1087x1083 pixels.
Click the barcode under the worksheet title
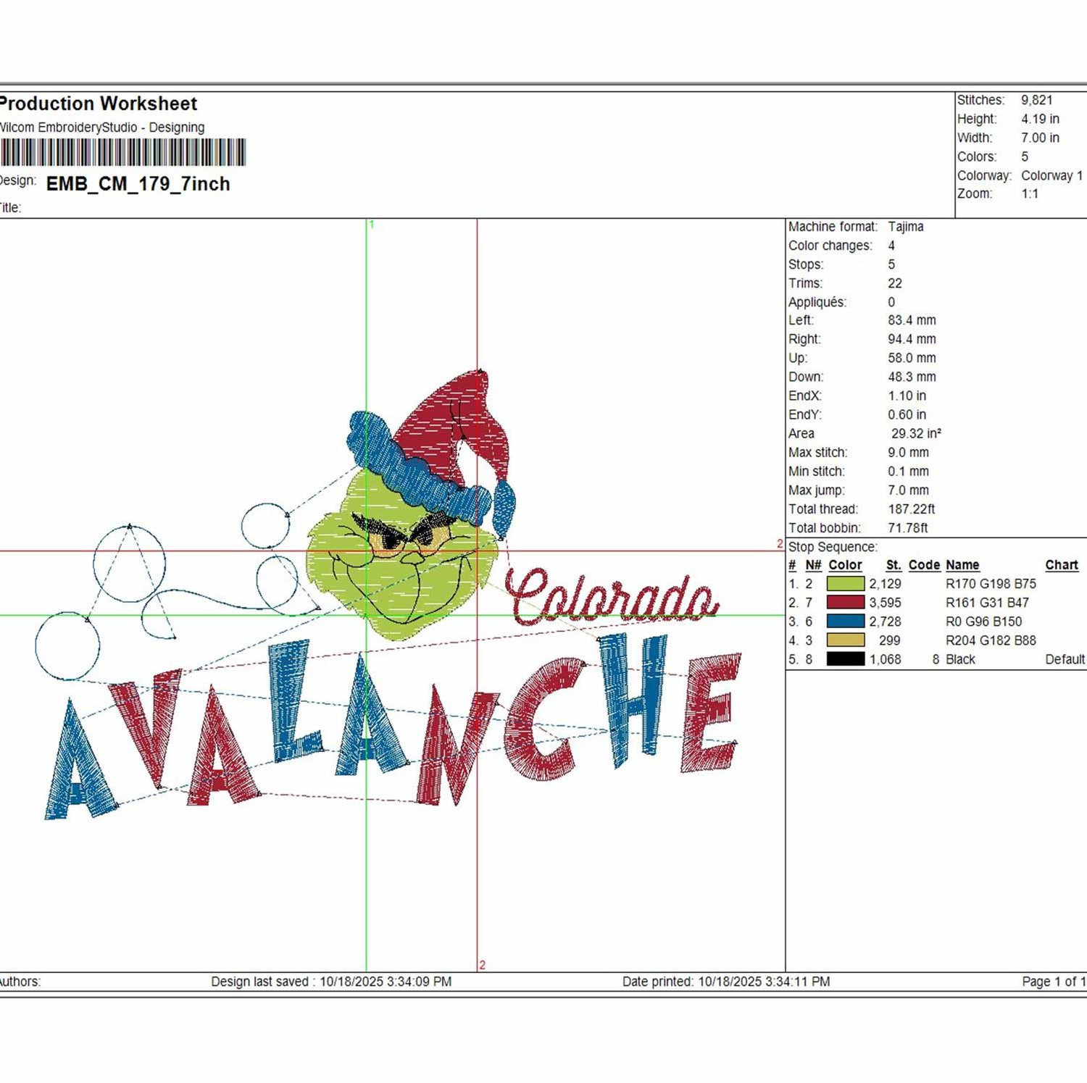[x=122, y=153]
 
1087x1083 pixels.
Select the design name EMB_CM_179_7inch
[x=138, y=184]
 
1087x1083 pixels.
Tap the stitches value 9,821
[x=1037, y=100]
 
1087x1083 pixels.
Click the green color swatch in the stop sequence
[x=846, y=583]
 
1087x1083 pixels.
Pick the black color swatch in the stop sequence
[x=846, y=658]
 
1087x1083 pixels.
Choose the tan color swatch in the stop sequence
[x=846, y=640]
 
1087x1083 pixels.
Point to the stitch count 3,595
[x=886, y=602]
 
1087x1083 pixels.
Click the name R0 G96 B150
[x=984, y=621]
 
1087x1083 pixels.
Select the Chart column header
[x=1062, y=565]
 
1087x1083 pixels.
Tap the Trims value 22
[x=895, y=283]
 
